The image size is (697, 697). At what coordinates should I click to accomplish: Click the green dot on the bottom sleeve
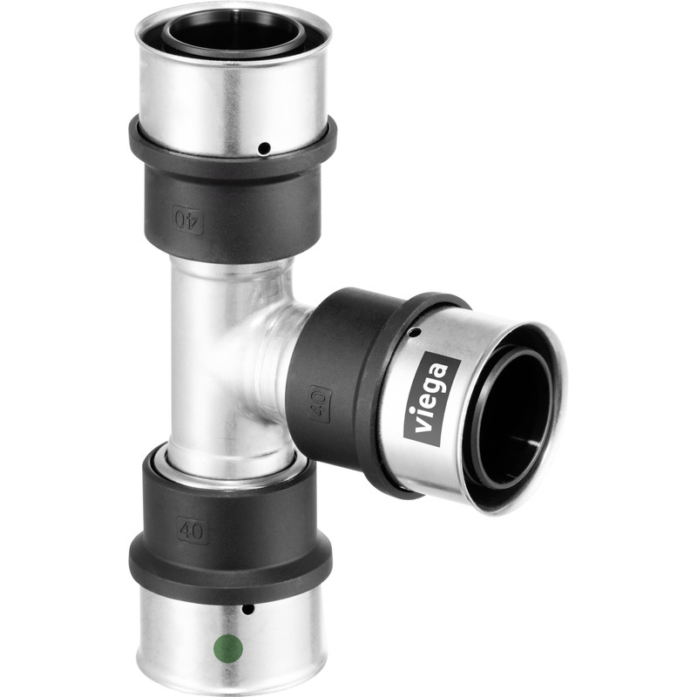click(227, 647)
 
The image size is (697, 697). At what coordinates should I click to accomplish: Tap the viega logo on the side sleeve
click(432, 399)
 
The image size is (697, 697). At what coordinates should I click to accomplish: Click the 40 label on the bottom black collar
click(193, 528)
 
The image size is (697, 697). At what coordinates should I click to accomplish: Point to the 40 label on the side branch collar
click(319, 403)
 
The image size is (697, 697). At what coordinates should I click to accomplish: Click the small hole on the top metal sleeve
click(264, 149)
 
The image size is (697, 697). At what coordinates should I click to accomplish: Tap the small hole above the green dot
click(247, 609)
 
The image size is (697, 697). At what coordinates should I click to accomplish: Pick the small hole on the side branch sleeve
click(416, 332)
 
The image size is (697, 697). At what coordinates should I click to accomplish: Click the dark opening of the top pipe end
click(233, 32)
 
